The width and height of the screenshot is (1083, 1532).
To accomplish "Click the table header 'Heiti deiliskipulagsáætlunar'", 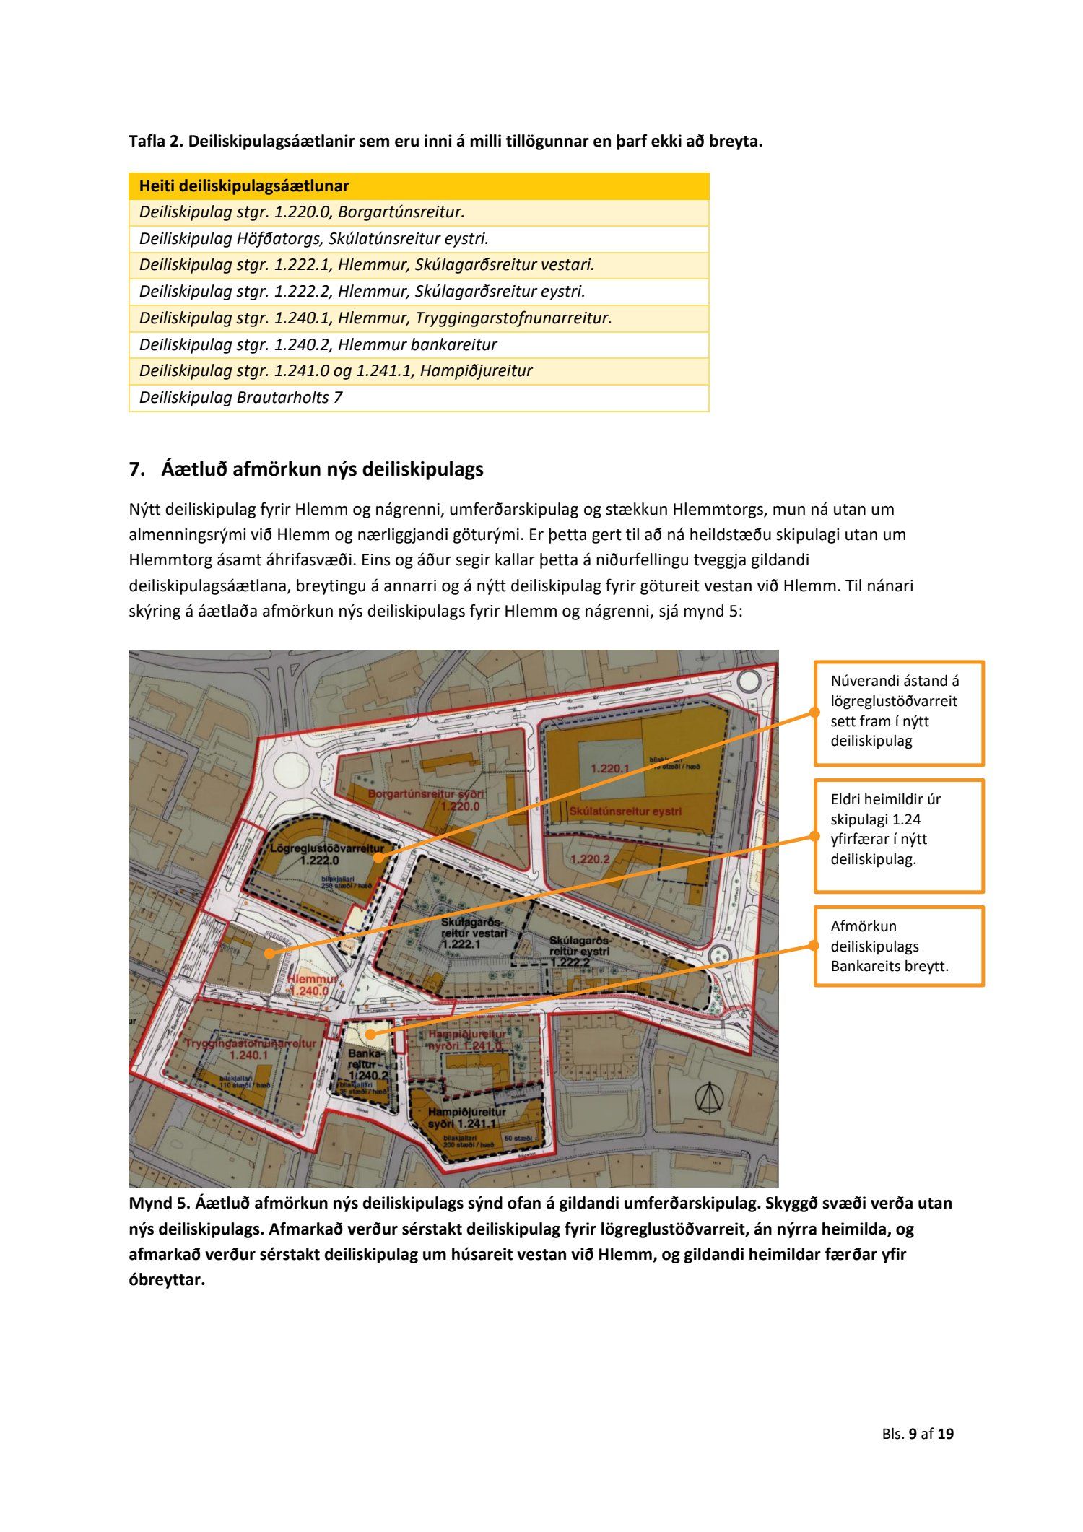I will pyautogui.click(x=244, y=186).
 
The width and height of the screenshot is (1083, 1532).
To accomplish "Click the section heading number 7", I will pyautogui.click(x=134, y=469).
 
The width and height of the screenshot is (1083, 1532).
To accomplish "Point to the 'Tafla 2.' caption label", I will pyautogui.click(x=155, y=142).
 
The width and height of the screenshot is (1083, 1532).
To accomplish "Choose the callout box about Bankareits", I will pyautogui.click(x=898, y=946).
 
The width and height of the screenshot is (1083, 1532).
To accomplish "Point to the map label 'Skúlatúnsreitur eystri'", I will pyautogui.click(x=625, y=811).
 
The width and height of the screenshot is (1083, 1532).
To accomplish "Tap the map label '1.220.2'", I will pyautogui.click(x=591, y=859).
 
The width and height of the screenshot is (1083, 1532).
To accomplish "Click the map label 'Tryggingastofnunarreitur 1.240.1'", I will pyautogui.click(x=249, y=1049).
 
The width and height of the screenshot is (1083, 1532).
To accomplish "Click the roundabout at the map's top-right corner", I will pyautogui.click(x=749, y=680).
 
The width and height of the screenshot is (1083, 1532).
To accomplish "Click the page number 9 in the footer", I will pyautogui.click(x=913, y=1434).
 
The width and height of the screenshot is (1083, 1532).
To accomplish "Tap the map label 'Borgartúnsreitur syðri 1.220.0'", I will pyautogui.click(x=426, y=800).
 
